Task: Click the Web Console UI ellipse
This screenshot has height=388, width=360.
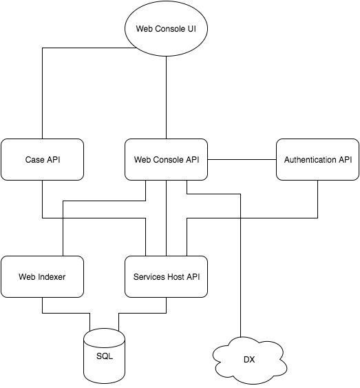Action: click(166, 28)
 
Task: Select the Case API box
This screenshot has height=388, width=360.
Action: click(42, 159)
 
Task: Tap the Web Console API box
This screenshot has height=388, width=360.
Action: click(166, 159)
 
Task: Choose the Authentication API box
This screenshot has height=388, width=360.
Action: click(317, 159)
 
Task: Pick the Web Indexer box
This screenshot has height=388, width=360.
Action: click(42, 276)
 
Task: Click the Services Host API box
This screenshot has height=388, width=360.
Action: click(166, 276)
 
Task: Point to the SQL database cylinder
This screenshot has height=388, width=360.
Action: click(104, 356)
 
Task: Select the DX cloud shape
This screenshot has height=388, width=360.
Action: click(250, 360)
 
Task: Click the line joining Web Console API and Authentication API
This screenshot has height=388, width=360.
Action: click(242, 160)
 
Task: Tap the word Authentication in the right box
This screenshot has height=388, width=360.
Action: click(310, 160)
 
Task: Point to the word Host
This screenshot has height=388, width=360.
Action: click(176, 276)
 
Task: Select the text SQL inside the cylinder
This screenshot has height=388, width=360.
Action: click(105, 356)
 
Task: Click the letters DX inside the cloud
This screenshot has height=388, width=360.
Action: click(249, 360)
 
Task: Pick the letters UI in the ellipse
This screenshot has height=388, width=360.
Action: click(192, 29)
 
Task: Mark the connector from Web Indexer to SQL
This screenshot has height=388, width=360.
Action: click(66, 313)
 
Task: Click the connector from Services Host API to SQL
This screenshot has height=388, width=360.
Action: click(142, 313)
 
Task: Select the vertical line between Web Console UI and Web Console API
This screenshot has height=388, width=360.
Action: click(166, 97)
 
